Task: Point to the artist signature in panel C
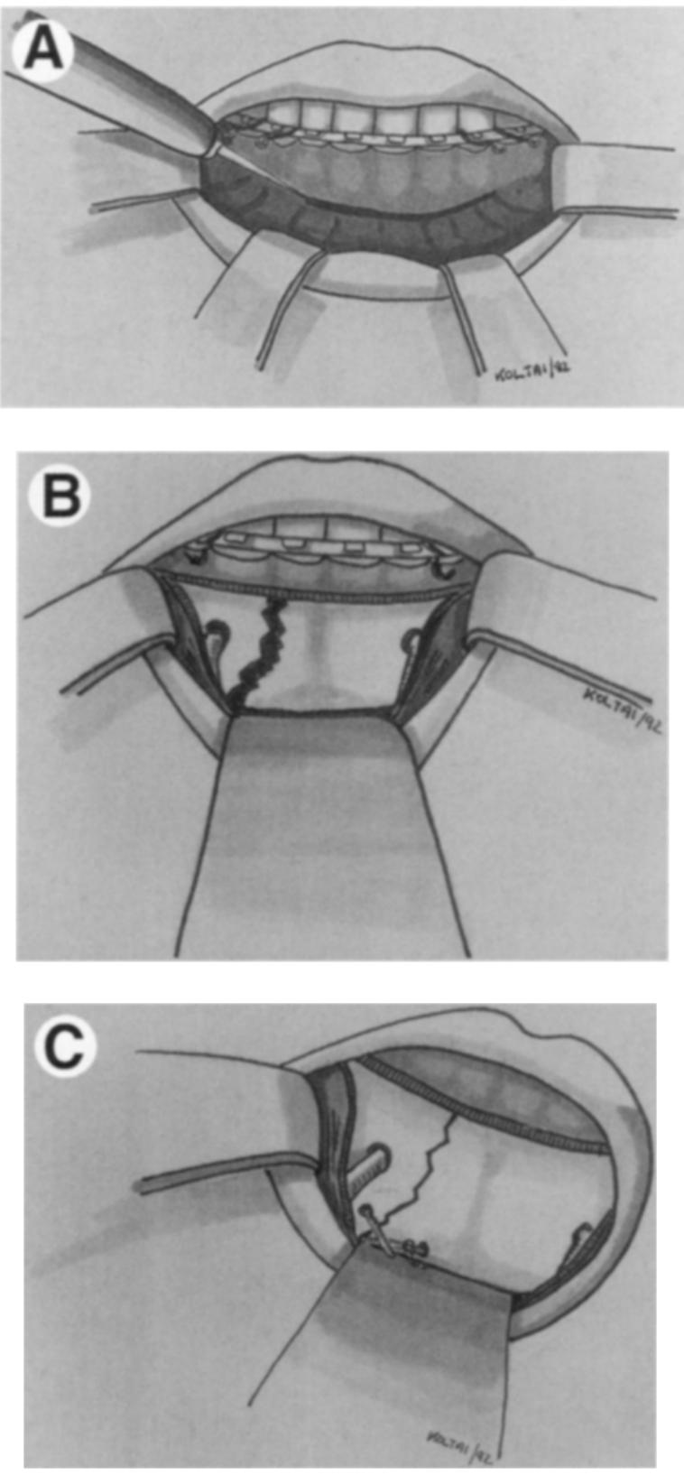tap(457, 1433)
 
